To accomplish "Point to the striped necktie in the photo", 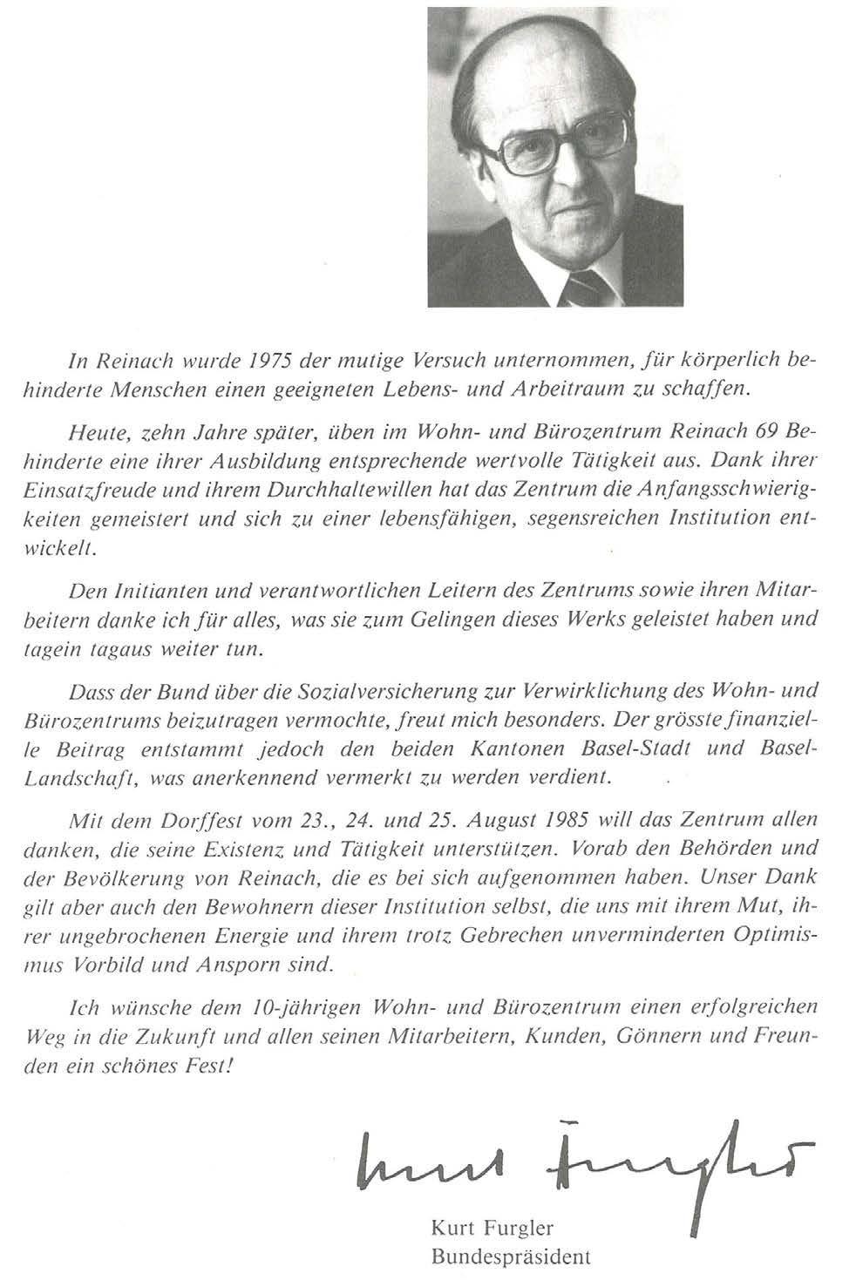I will [x=581, y=288].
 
